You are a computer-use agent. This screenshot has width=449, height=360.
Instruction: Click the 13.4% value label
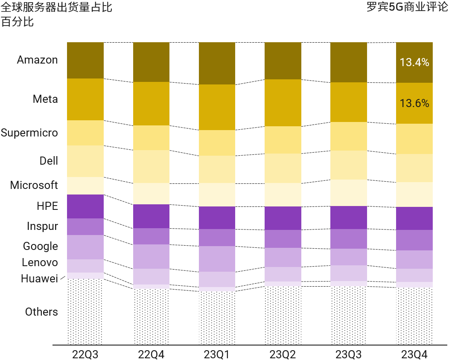coord(414,63)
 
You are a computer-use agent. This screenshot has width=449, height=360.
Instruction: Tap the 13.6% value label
coord(414,103)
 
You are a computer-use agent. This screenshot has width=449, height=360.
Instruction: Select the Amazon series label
coord(37,60)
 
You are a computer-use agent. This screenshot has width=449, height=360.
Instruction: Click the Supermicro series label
coord(29,133)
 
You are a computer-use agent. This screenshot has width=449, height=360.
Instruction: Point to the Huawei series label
coord(39,279)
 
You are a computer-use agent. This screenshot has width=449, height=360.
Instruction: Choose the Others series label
coord(41,312)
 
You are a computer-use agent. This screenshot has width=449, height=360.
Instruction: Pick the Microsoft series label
coord(34,185)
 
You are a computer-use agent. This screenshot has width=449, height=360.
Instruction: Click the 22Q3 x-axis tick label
coord(85,354)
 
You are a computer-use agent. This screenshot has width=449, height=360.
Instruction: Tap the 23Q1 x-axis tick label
coord(217,354)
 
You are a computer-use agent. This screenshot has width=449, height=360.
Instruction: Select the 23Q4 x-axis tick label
coord(414,354)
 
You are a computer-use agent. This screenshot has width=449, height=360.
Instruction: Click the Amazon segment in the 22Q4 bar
coord(151,62)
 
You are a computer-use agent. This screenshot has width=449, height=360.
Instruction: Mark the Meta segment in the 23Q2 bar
coord(283,103)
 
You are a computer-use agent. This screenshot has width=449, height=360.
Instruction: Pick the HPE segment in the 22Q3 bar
coord(85,206)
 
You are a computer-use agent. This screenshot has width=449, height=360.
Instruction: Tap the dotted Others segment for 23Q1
coord(217,318)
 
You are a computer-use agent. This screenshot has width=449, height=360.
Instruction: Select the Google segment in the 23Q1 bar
coord(217,259)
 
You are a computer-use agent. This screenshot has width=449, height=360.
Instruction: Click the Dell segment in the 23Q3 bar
coord(348,165)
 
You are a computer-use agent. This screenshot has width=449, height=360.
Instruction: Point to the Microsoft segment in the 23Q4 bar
coord(414,195)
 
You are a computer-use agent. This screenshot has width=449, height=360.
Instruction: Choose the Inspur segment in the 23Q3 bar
coord(348,239)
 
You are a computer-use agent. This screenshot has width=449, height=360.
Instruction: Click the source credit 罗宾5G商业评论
coord(407,7)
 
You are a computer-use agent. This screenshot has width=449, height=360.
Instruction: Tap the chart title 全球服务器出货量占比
coord(56,7)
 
